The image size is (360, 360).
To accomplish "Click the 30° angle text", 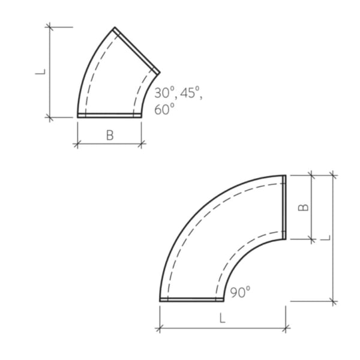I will click(x=164, y=93).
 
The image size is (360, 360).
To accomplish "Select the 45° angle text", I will click(x=190, y=93).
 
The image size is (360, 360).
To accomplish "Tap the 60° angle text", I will click(x=164, y=109).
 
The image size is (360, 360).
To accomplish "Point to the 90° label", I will click(x=240, y=292).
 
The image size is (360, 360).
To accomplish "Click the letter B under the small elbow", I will click(x=110, y=136).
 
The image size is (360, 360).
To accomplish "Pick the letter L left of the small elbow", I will click(x=40, y=71).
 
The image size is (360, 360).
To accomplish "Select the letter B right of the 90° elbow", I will click(x=304, y=207).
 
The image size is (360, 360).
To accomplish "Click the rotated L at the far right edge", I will click(x=325, y=238).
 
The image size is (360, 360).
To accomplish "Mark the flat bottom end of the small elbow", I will click(x=109, y=115).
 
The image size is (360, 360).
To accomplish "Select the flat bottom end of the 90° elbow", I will click(x=191, y=299).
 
